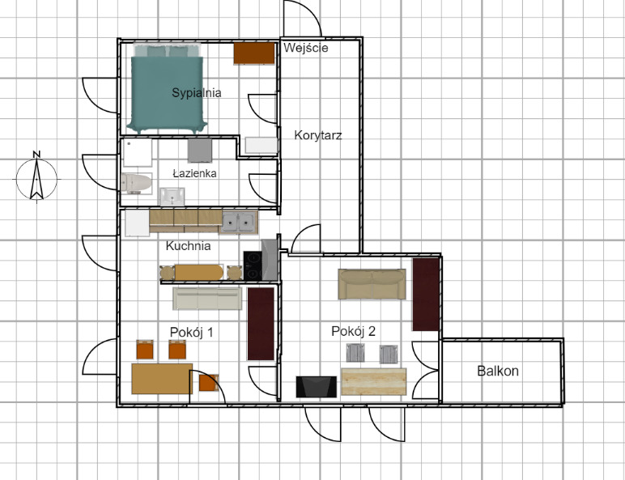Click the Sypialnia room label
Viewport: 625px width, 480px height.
click(x=197, y=93)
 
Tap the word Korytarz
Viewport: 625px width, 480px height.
click(x=318, y=135)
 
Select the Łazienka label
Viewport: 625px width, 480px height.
click(x=194, y=173)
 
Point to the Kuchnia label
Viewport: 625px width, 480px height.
click(x=188, y=246)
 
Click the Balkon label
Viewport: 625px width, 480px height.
click(x=498, y=372)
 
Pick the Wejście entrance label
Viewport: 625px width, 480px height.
click(x=306, y=48)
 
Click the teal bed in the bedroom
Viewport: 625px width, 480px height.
click(x=167, y=89)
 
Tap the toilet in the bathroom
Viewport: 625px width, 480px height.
click(x=136, y=184)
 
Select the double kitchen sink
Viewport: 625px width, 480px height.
click(x=239, y=222)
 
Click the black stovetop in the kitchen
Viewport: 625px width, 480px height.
click(x=253, y=265)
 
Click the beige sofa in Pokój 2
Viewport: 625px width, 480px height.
click(x=372, y=284)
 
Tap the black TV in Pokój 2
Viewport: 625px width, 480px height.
click(x=316, y=387)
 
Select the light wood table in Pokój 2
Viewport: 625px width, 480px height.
click(x=374, y=381)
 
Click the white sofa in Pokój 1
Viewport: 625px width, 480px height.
click(x=207, y=299)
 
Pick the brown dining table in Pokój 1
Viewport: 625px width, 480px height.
click(x=162, y=378)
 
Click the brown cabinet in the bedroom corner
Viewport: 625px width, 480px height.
click(x=254, y=53)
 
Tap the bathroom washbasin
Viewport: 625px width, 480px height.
click(x=172, y=197)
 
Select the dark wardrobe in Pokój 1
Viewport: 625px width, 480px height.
click(x=261, y=324)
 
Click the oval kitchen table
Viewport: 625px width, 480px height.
click(x=199, y=273)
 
